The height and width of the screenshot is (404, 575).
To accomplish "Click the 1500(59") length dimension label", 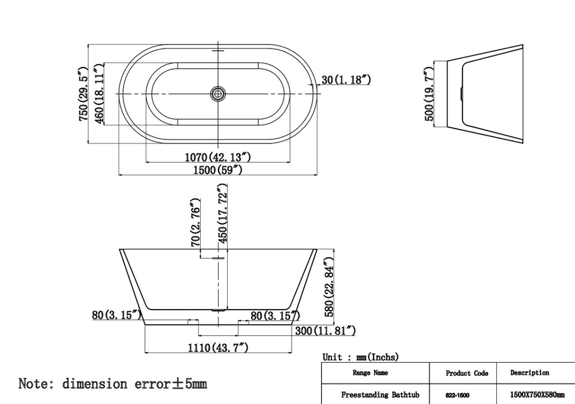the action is click(x=218, y=170).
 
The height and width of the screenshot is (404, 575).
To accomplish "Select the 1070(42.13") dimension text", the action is click(x=218, y=157).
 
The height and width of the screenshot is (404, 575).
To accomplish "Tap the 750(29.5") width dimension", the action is click(x=84, y=94).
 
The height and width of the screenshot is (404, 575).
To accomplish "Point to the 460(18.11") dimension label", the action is click(x=99, y=94).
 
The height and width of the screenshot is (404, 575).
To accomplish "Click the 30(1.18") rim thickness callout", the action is click(x=346, y=80).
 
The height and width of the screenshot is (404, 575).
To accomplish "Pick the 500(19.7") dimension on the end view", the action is click(x=429, y=94).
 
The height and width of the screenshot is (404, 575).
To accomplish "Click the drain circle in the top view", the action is click(x=218, y=94).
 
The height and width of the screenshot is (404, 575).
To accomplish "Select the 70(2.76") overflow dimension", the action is click(x=195, y=222).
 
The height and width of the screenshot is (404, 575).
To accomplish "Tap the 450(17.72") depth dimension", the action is click(x=222, y=213).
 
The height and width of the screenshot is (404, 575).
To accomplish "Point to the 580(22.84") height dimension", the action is click(x=329, y=287).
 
